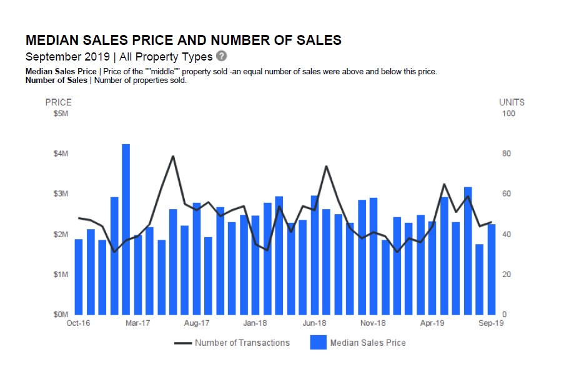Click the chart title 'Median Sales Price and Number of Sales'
click(183, 41)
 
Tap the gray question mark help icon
click(221, 56)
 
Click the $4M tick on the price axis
click(58, 154)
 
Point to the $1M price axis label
click(58, 275)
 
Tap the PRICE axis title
click(58, 102)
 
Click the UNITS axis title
click(512, 102)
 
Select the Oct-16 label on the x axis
click(78, 323)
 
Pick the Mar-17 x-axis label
click(137, 323)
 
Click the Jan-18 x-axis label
click(255, 323)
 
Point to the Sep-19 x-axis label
click(491, 323)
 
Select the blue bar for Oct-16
click(79, 276)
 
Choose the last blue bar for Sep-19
click(492, 269)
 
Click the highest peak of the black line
click(173, 156)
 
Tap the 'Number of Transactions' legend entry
click(242, 343)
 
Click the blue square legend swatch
click(319, 343)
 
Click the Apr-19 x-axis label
click(432, 323)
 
